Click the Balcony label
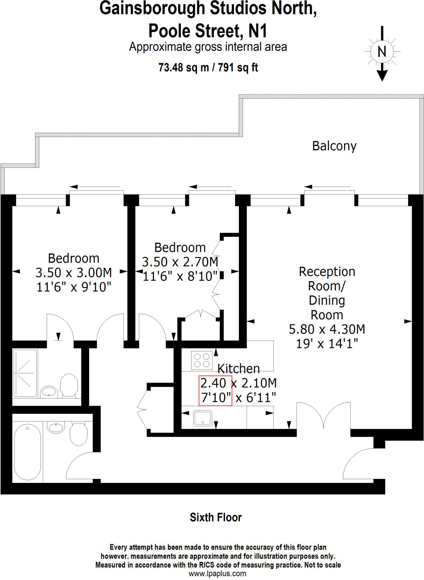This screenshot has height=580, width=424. coord(334,146)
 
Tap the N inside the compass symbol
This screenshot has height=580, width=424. coord(382,52)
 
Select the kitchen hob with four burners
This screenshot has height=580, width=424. coord(202,360)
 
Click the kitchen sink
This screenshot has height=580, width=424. coord(203,418)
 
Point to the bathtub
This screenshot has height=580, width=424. coord(27,452)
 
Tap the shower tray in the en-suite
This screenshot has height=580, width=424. coord(25,373)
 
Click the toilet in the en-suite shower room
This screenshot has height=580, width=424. coord(69,385)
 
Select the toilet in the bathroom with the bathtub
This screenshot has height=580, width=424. coord(78,434)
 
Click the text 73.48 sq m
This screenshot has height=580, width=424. coord(183,68)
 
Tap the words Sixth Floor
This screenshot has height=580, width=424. coord(216,517)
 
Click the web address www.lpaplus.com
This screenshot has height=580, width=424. coord(217,574)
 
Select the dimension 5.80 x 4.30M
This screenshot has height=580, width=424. coord(327,329)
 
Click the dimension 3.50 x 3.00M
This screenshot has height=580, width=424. coord(74,273)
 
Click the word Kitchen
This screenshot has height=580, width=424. coord(238,369)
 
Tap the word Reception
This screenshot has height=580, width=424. coord(327,272)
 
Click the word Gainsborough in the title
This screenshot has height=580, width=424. coord(152,8)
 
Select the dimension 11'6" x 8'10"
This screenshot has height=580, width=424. coord(180,276)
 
